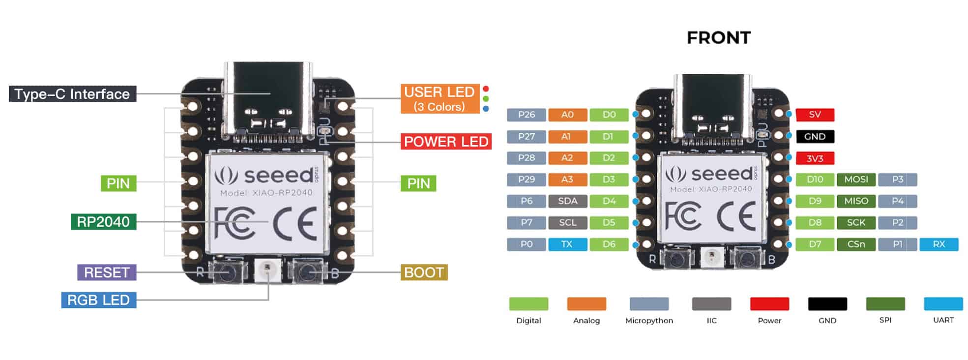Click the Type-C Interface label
(72, 94)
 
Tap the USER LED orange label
(440, 99)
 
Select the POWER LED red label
(446, 142)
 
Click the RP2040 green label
(103, 222)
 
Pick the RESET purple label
(106, 272)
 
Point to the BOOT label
(424, 272)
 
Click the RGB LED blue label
(98, 300)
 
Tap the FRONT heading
(718, 38)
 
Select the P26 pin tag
(526, 115)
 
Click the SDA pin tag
(567, 201)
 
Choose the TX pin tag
(567, 244)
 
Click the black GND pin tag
(815, 136)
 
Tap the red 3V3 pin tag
(815, 158)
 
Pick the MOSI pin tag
(856, 180)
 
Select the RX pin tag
(939, 244)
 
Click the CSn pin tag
(856, 244)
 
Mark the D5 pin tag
(609, 222)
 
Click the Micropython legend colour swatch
(649, 304)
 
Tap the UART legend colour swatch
(943, 304)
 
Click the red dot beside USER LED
(486, 89)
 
